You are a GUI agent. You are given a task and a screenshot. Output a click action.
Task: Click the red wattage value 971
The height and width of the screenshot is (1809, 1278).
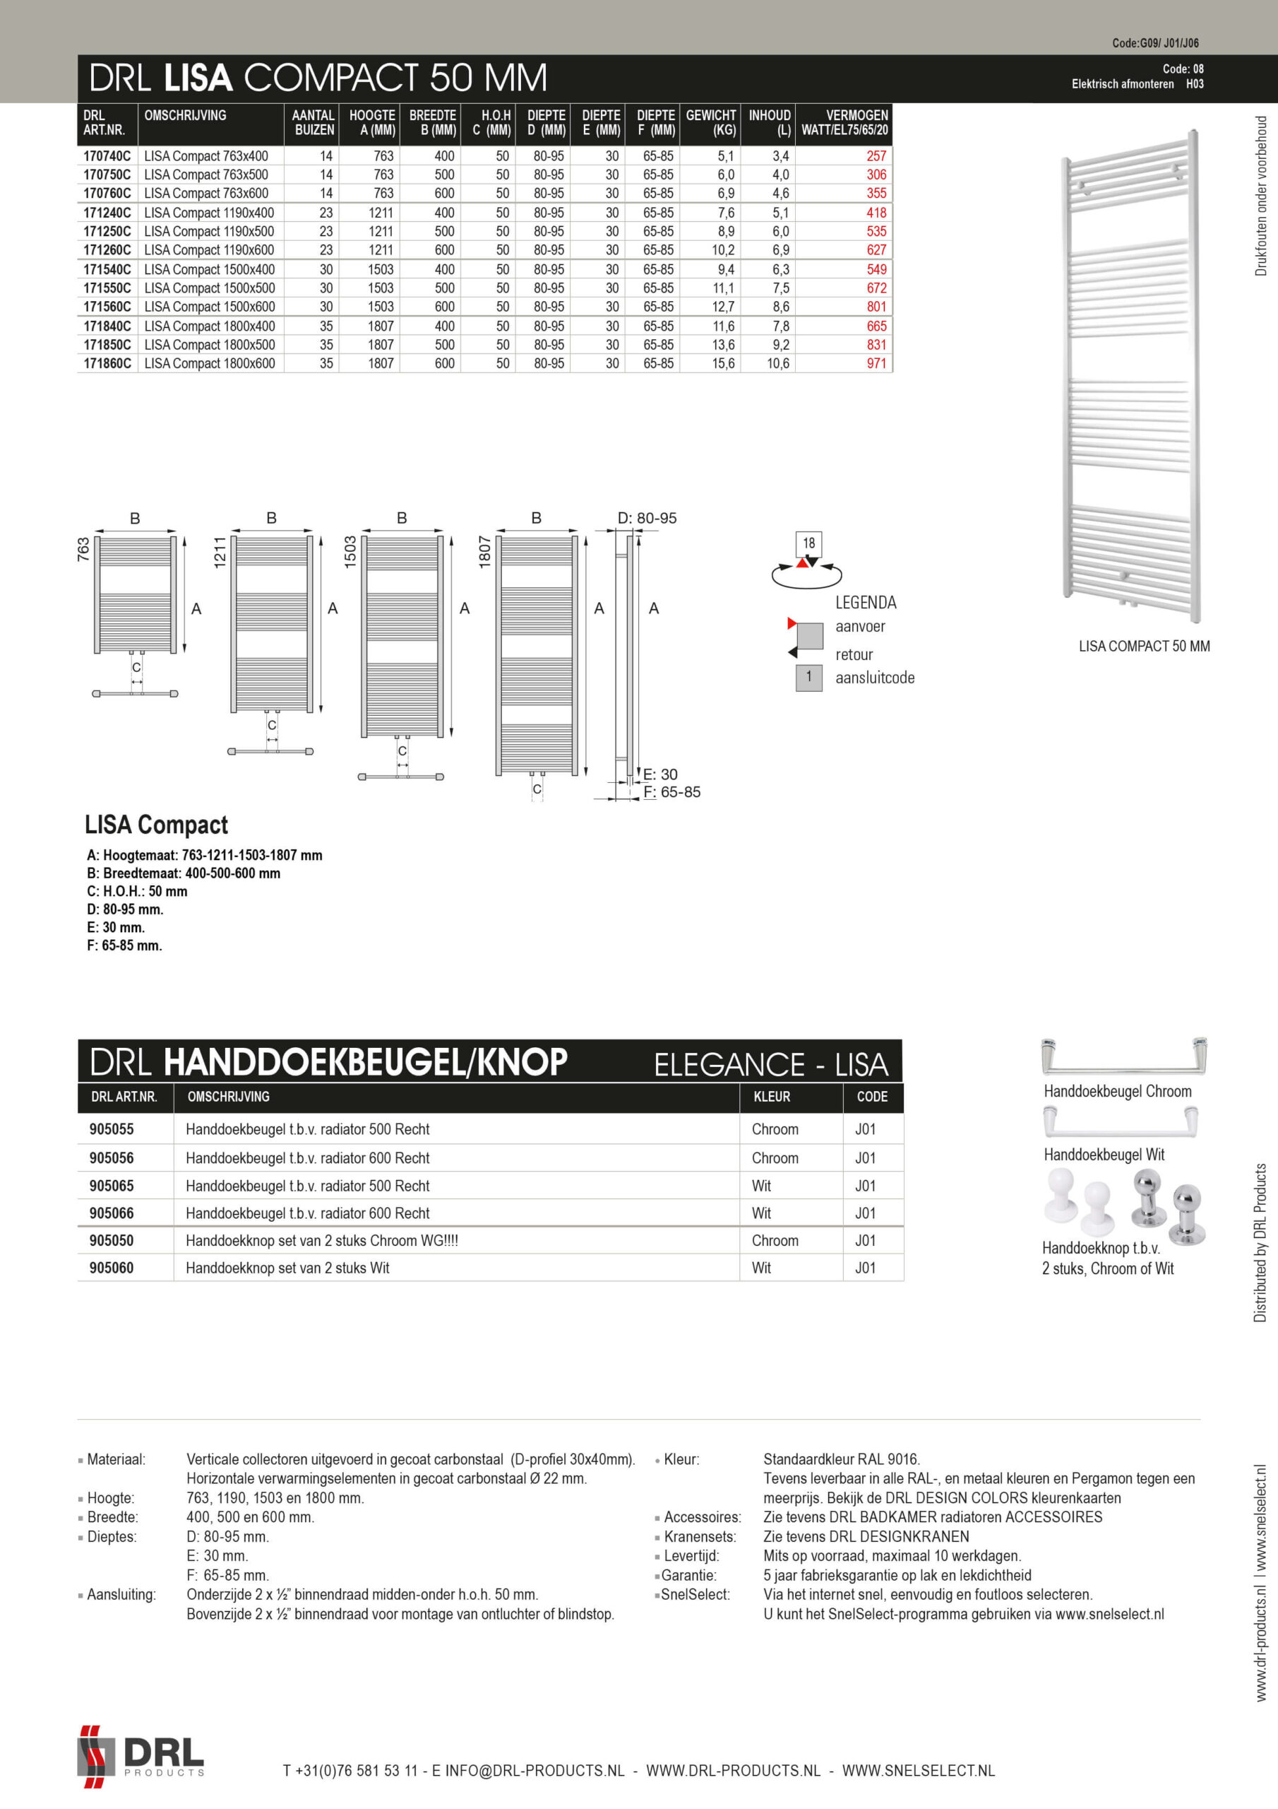tap(876, 363)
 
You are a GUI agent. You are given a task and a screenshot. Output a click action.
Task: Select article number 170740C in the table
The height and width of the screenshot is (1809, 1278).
tap(107, 156)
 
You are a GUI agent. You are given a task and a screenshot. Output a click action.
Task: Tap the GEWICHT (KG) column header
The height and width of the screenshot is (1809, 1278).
tap(710, 123)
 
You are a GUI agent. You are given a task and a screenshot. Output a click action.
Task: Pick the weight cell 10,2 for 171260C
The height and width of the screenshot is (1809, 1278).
tap(723, 249)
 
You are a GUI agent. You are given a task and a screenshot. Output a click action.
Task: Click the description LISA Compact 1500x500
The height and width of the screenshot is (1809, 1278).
tap(210, 288)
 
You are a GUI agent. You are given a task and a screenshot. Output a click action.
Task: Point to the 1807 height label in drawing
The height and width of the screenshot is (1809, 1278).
tap(485, 551)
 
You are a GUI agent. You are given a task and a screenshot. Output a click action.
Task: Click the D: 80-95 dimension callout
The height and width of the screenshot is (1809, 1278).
tap(647, 518)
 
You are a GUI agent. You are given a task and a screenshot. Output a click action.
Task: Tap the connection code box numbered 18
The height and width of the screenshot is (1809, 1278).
tap(808, 543)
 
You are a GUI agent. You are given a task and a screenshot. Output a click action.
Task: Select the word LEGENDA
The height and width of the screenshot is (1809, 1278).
tap(866, 603)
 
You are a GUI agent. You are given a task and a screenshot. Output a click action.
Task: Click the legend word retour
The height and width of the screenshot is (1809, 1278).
tap(854, 655)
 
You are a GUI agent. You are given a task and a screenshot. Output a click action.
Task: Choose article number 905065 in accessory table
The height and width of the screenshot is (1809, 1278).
tap(111, 1186)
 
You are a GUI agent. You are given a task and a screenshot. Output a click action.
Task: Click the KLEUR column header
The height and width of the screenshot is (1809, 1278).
tap(772, 1097)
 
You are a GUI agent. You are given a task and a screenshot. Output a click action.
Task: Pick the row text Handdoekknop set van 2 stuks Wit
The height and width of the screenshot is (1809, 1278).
tap(287, 1268)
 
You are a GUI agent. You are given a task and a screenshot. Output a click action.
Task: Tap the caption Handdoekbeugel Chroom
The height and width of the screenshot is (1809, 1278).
tap(1116, 1091)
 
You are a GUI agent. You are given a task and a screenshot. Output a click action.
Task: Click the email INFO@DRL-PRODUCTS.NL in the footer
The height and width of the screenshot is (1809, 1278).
tap(535, 1771)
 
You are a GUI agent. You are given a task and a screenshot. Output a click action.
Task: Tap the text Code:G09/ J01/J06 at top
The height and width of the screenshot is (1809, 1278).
tap(1154, 43)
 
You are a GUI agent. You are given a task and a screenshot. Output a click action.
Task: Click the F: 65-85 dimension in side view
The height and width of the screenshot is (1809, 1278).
tap(671, 792)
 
